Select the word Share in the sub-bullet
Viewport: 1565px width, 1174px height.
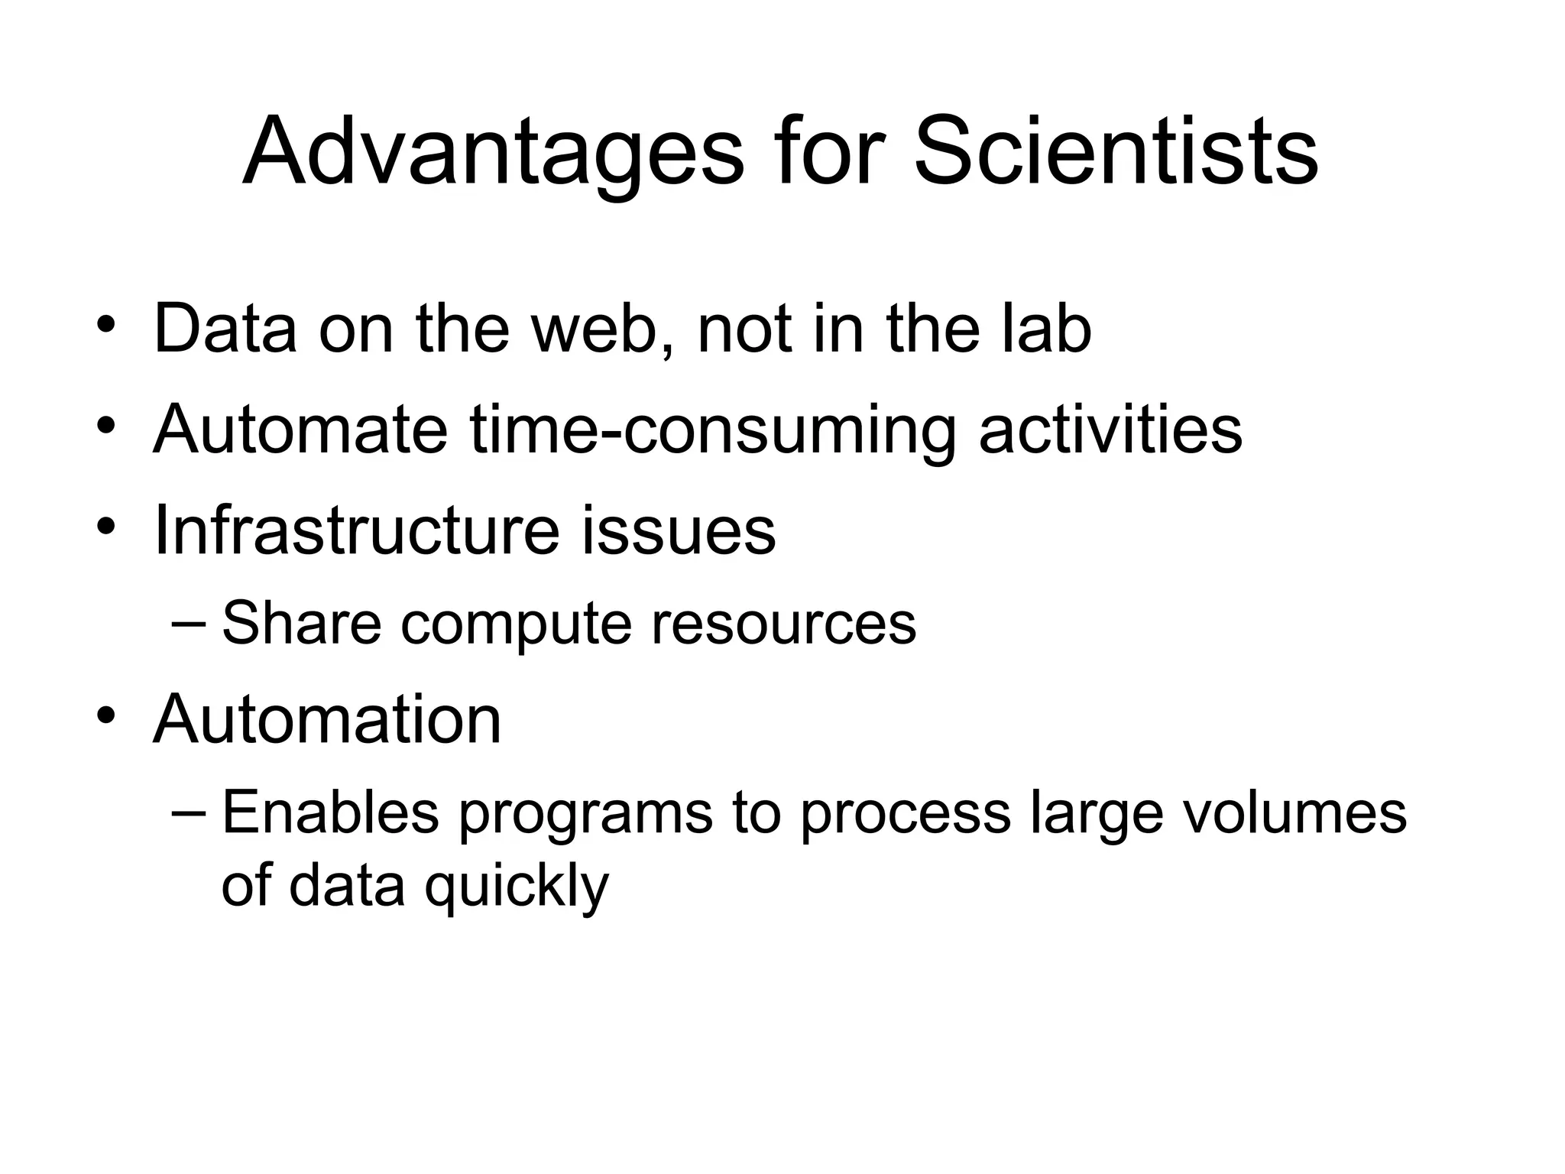point(301,623)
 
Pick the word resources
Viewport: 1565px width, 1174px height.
point(783,623)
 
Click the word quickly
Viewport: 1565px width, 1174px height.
point(517,887)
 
